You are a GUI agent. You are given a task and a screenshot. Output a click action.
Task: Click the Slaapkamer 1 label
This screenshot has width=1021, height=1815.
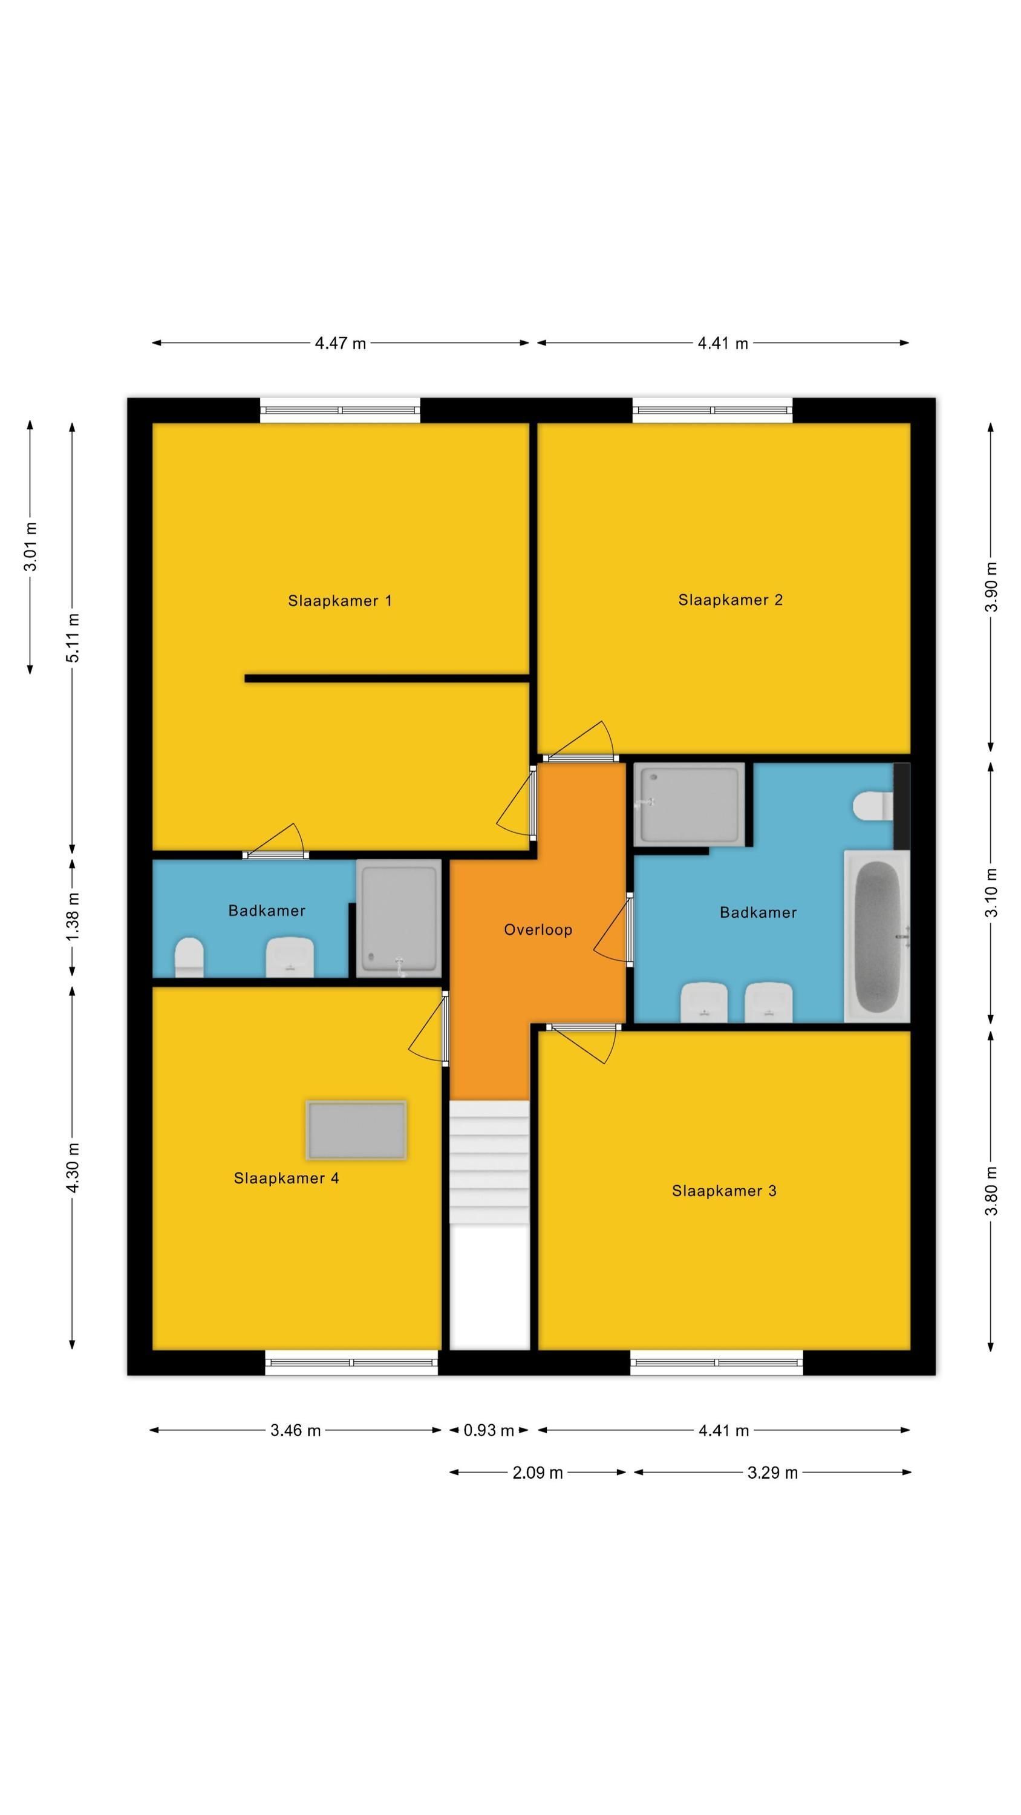340,601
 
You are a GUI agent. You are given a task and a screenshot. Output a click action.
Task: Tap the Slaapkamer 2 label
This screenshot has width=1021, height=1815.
730,600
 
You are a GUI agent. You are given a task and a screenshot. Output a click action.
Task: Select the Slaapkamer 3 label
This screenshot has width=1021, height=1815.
723,1191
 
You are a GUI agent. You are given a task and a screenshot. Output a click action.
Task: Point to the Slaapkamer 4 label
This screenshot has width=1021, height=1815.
286,1178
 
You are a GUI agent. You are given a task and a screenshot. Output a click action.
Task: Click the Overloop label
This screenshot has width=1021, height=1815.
538,930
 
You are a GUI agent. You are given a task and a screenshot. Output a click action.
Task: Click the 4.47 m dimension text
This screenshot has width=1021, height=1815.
341,344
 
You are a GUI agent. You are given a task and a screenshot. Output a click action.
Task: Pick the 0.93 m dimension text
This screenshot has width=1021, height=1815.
489,1430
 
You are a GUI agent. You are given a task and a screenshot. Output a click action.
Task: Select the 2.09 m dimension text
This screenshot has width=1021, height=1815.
538,1473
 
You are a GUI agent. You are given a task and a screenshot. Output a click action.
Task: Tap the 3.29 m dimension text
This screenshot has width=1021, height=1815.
772,1473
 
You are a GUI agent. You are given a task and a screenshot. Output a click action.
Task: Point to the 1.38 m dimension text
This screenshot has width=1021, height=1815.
73,916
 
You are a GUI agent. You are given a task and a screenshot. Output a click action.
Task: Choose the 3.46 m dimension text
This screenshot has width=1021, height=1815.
295,1430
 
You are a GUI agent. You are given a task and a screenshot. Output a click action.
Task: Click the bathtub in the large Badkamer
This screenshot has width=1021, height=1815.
876,937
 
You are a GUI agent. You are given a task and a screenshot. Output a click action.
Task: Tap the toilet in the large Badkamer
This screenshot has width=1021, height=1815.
873,806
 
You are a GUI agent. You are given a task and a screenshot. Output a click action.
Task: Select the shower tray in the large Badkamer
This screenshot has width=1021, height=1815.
689,805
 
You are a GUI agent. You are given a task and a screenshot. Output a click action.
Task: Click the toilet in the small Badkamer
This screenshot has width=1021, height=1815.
189,957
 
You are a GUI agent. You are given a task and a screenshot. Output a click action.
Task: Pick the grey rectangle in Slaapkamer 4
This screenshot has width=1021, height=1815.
356,1130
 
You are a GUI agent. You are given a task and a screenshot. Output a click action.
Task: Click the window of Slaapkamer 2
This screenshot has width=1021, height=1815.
713,410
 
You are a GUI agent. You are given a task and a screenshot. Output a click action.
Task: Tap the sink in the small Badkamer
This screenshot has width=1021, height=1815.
290,957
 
